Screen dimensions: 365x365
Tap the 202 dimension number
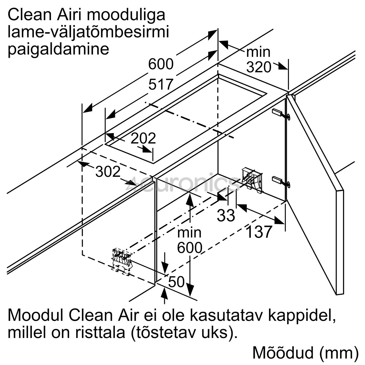pyautogui.click(x=143, y=139)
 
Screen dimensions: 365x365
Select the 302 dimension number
pyautogui.click(x=108, y=172)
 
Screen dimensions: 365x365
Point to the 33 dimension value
pyautogui.click(x=226, y=216)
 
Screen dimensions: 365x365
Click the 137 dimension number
pyautogui.click(x=259, y=232)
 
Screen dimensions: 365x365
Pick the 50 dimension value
pyautogui.click(x=176, y=282)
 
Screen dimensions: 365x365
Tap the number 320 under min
pyautogui.click(x=259, y=68)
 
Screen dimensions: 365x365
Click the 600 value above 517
pyautogui.click(x=161, y=64)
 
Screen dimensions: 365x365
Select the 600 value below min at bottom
pyautogui.click(x=190, y=248)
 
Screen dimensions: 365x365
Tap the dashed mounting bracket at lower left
pyautogui.click(x=122, y=262)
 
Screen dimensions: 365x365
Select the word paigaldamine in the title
pyautogui.click(x=58, y=49)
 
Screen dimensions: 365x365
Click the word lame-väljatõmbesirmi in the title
pyautogui.click(x=88, y=32)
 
